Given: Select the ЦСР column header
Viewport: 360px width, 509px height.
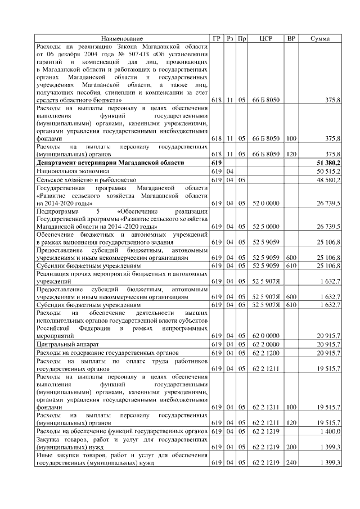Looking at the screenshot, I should pos(266,38).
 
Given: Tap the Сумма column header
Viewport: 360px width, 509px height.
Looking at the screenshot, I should pos(320,38).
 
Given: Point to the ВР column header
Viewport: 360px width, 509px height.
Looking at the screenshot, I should pos(291,38).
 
